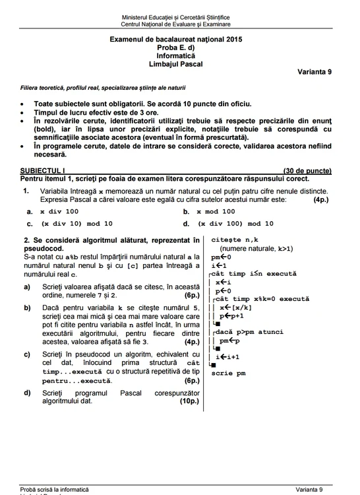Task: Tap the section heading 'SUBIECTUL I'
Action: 40,171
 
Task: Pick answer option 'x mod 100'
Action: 216,212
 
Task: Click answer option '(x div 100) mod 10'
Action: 235,224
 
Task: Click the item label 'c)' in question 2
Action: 27,354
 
